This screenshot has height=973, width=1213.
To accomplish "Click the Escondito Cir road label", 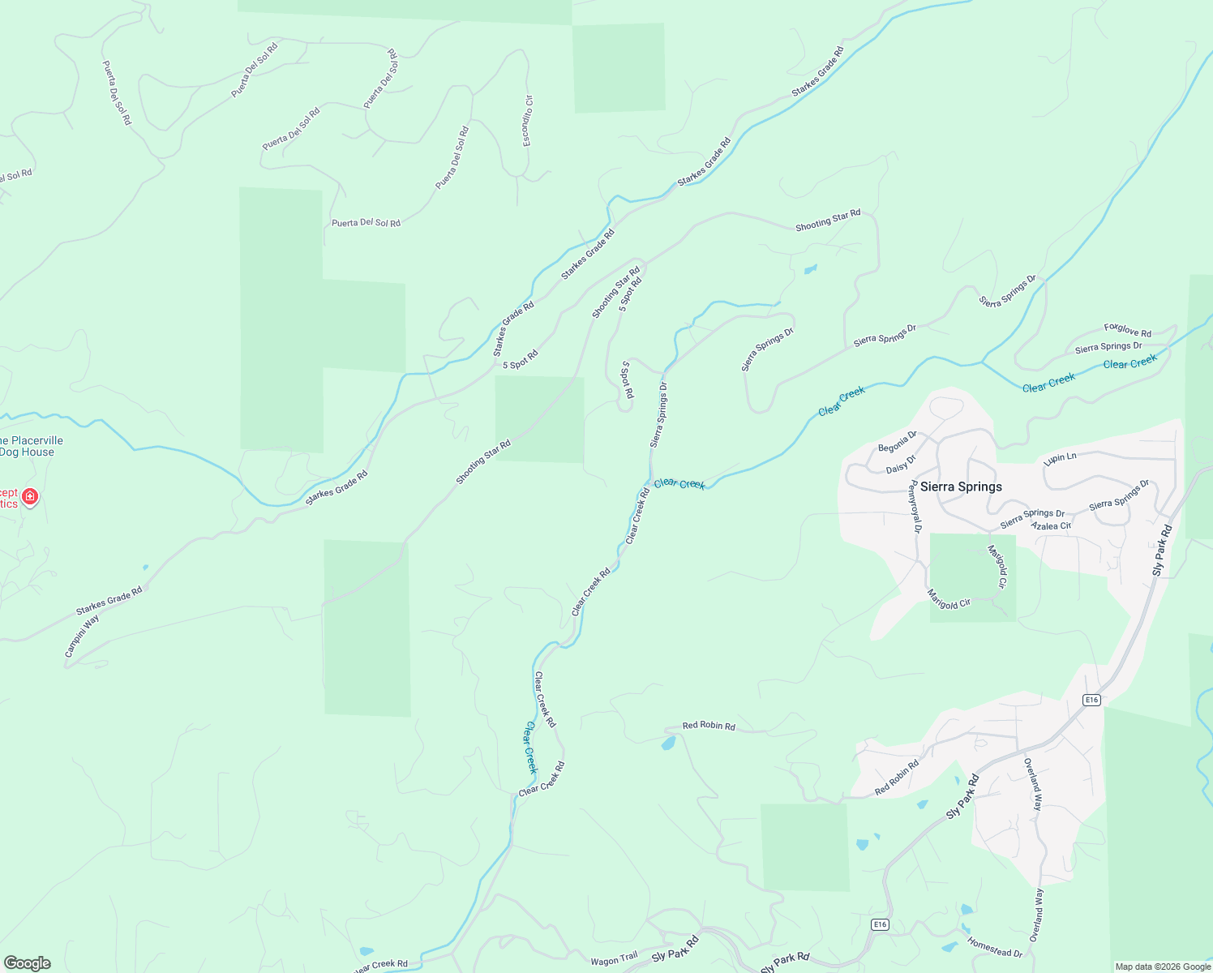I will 528,122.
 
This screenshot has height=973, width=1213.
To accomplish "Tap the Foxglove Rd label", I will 1127,330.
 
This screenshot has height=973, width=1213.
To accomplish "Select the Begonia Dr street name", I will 897,442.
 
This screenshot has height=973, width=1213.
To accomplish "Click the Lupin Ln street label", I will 1061,458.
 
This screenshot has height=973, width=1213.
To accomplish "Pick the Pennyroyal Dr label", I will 916,507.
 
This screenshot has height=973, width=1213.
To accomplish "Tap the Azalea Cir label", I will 1051,526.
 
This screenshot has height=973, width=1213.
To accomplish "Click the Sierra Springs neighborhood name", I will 961,486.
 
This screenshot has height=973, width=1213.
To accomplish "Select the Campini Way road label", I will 82,636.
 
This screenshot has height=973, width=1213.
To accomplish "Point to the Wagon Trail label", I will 614,960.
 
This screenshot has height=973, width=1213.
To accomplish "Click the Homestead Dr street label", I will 994,947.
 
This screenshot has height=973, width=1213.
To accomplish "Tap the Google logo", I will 27,963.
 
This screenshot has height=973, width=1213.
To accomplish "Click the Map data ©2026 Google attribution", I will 1162,967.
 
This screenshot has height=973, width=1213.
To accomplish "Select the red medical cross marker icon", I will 30,496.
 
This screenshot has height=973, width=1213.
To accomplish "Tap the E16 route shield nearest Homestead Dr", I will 880,924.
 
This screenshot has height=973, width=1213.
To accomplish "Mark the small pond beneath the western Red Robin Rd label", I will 668,743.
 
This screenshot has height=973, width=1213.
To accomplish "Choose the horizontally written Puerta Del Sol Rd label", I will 366,223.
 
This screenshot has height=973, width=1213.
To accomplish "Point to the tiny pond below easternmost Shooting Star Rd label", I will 810,269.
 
